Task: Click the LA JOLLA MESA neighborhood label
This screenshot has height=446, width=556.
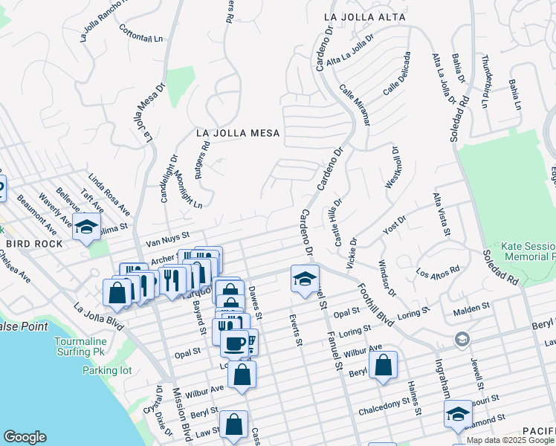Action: click(238, 133)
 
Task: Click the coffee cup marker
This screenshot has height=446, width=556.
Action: click(236, 343)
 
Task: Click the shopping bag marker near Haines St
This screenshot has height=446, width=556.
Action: click(383, 365)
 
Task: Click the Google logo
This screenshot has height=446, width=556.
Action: click(25, 436)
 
